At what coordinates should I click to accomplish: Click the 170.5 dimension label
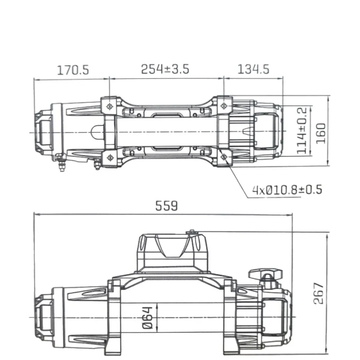click(x=73, y=70)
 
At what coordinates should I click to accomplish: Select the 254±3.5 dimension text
click(x=165, y=69)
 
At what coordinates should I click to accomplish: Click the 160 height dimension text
click(x=321, y=132)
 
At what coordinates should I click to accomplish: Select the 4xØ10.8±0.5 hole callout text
click(x=287, y=189)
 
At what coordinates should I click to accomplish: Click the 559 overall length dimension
click(x=167, y=206)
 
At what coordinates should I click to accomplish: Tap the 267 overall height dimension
click(x=319, y=293)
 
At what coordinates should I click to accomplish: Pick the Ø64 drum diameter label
click(x=148, y=318)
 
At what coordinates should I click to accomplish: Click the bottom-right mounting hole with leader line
click(x=224, y=157)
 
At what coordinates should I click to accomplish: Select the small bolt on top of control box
click(x=192, y=232)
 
